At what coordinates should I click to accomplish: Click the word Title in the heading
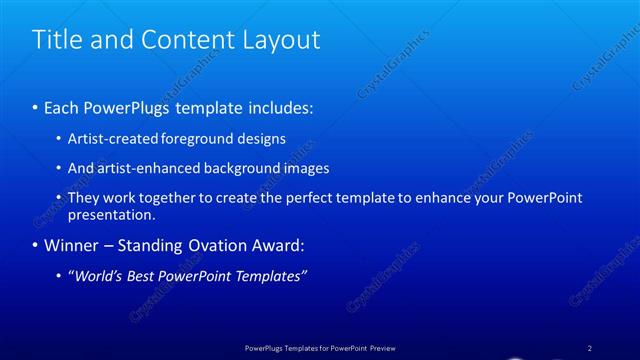pos(57,40)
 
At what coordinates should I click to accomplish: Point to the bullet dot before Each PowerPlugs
pos(36,105)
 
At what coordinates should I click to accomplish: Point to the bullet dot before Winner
pos(36,245)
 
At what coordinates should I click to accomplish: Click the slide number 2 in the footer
pos(589,347)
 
